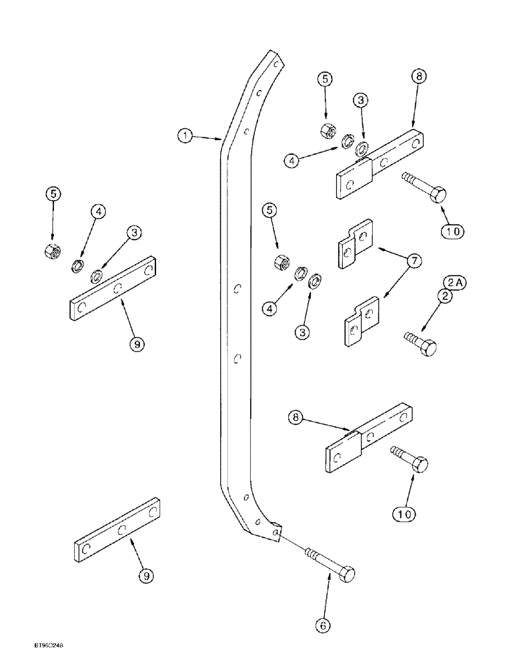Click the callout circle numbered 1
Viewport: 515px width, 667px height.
tap(185, 136)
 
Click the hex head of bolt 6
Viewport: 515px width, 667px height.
tap(348, 574)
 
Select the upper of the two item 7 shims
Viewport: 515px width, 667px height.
tap(352, 243)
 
